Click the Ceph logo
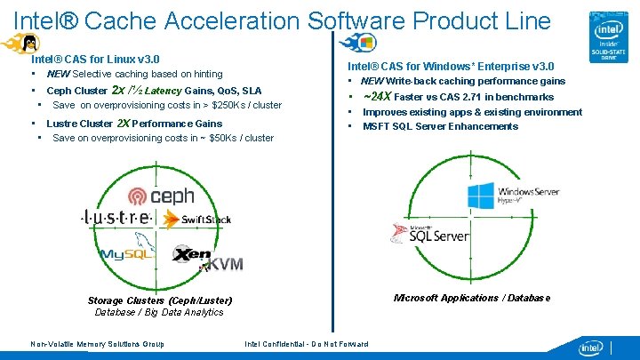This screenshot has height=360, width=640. click(x=161, y=196)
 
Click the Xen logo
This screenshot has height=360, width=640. click(x=192, y=254)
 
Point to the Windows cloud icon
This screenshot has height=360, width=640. click(x=361, y=42)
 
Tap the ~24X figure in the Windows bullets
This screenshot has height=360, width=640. click(x=377, y=96)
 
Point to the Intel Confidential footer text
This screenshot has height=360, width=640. click(x=307, y=344)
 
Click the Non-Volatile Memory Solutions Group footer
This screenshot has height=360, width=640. click(x=97, y=344)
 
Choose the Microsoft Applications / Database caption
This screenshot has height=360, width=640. click(x=472, y=298)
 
